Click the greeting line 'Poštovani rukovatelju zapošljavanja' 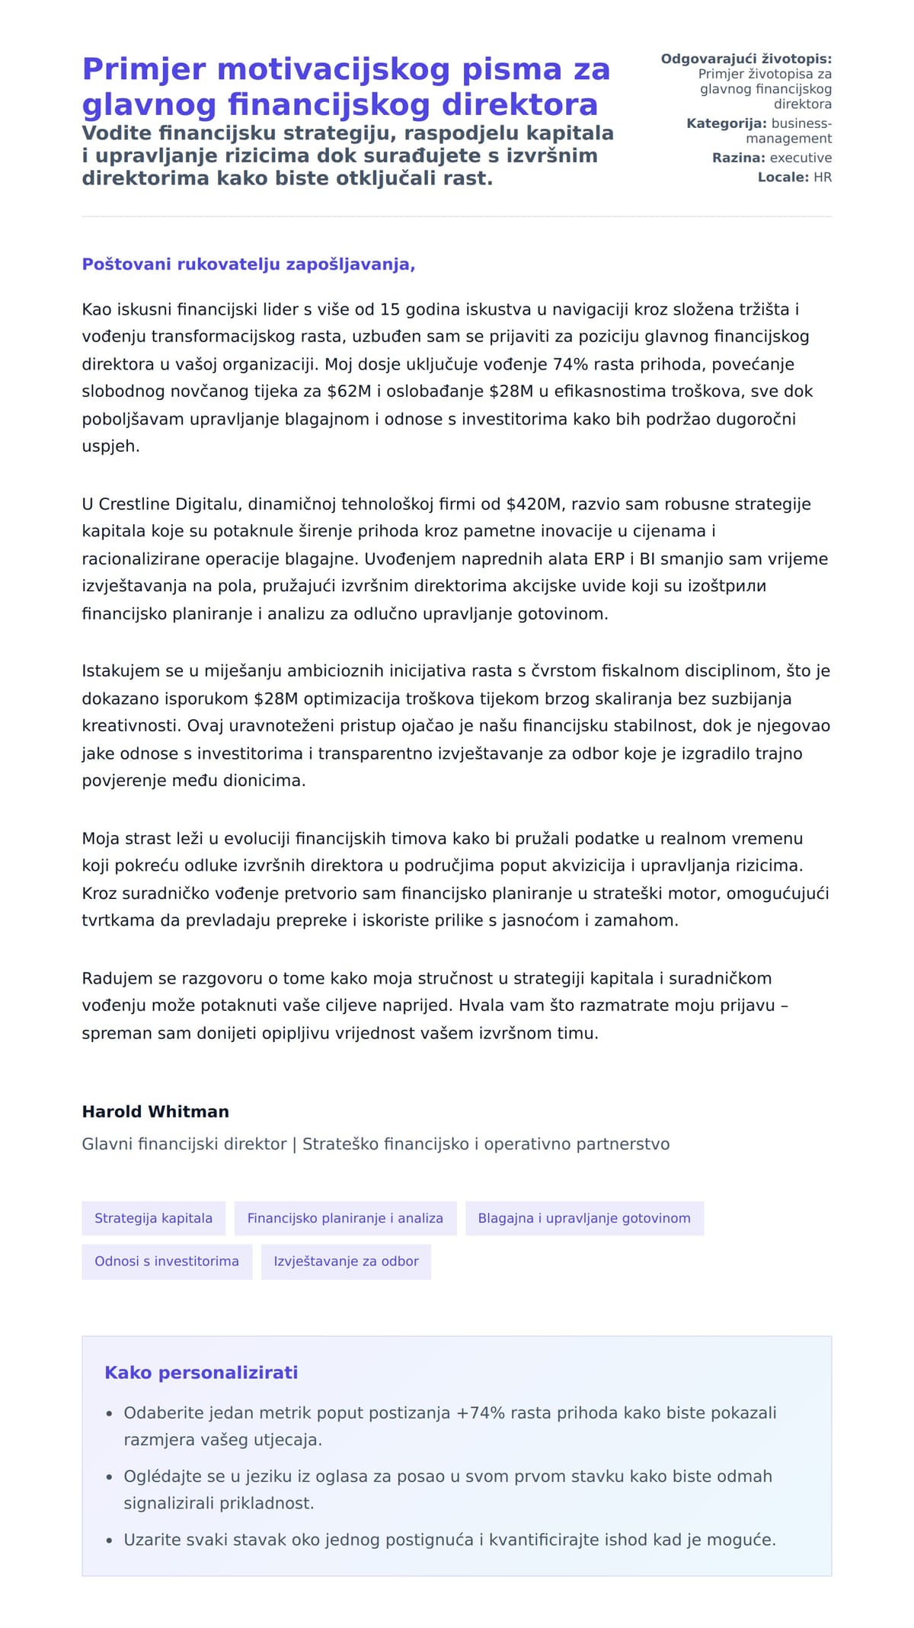tap(248, 264)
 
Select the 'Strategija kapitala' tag tap(153, 1218)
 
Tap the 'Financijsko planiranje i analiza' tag tap(345, 1218)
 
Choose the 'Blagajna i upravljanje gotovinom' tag tap(584, 1218)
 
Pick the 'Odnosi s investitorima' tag tap(167, 1261)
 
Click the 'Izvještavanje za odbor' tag tap(346, 1261)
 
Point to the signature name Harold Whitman tap(155, 1111)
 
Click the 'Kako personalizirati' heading tap(201, 1372)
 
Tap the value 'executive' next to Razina tap(801, 158)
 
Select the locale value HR tap(823, 178)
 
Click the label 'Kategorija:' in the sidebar tap(727, 123)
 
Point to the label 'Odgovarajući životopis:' tap(746, 59)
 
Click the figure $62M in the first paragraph tap(349, 392)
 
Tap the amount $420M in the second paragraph tap(533, 504)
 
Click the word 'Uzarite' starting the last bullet tap(152, 1540)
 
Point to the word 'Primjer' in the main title tap(144, 69)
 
